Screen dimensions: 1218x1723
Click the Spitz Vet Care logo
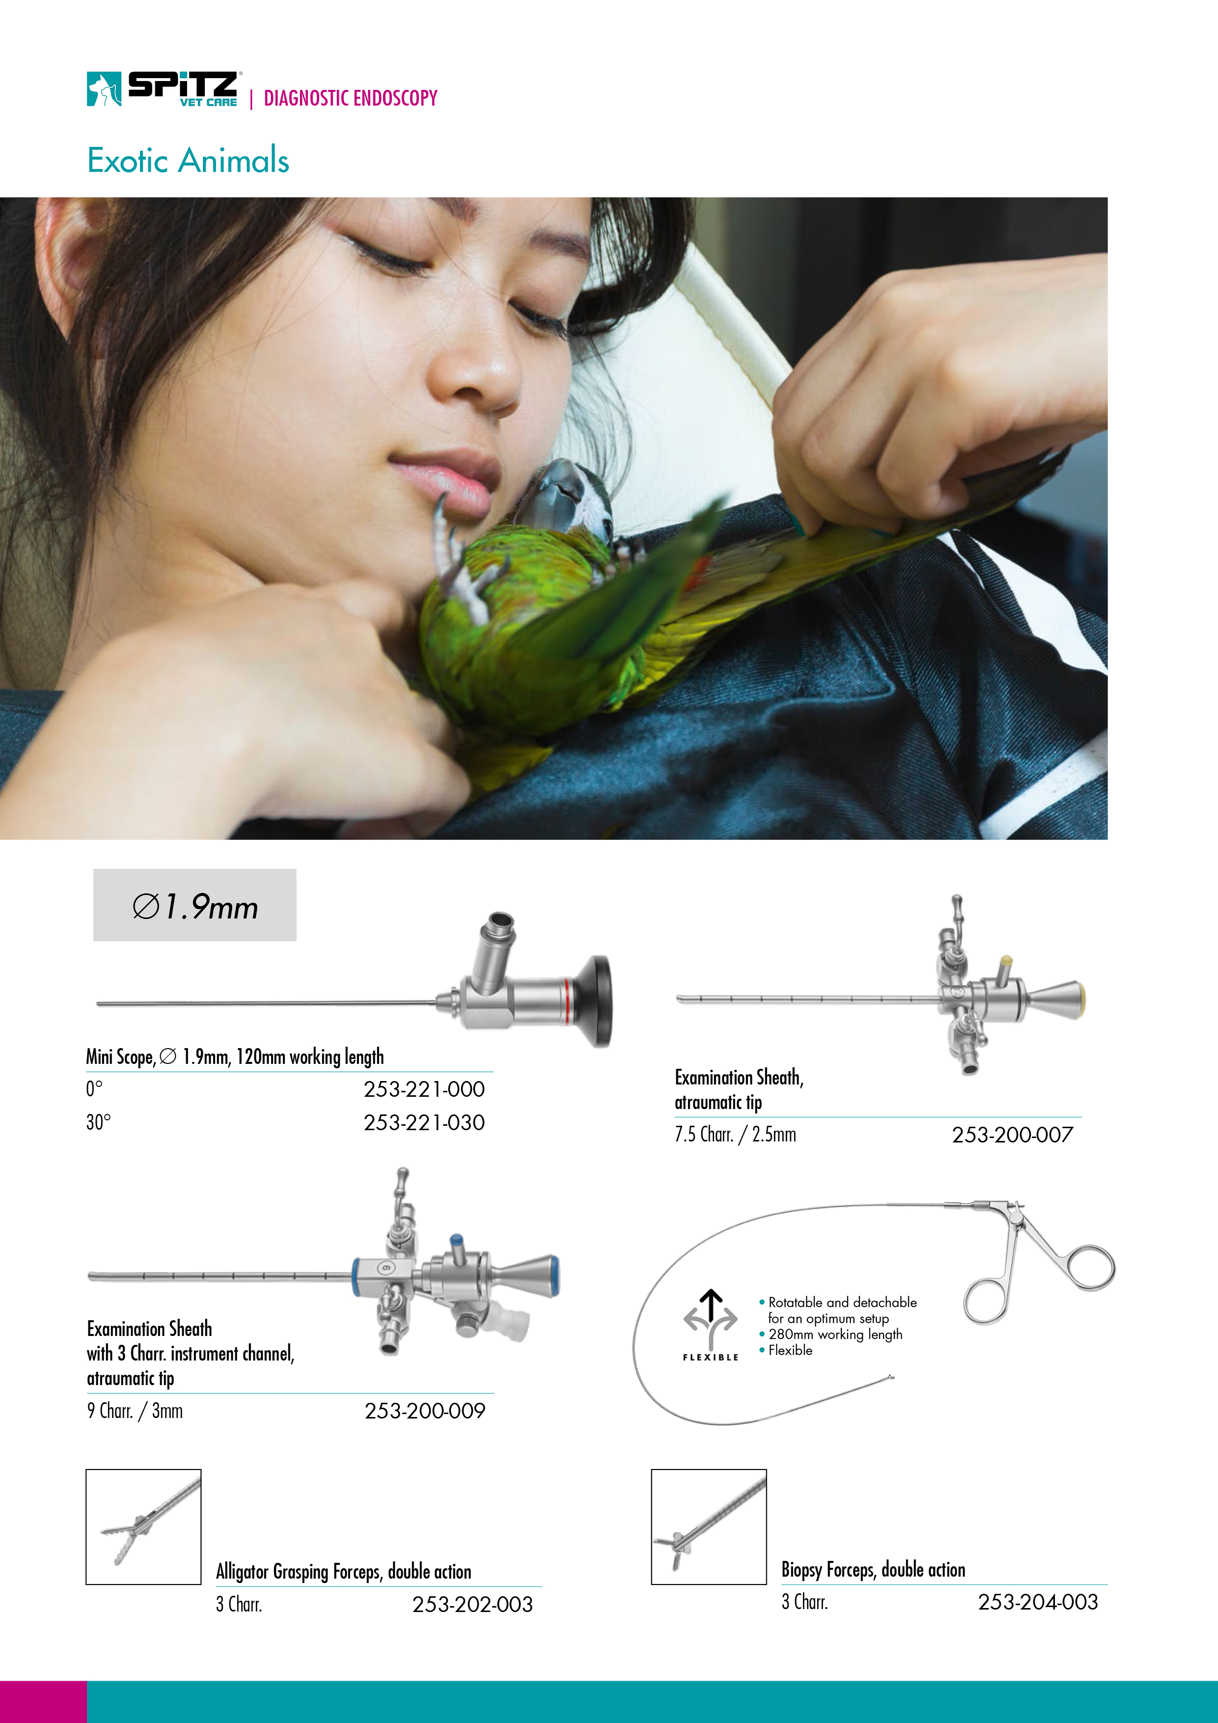pyautogui.click(x=163, y=89)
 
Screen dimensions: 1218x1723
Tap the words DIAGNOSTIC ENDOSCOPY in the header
pyautogui.click(x=351, y=98)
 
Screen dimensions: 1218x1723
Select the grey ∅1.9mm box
pyautogui.click(x=194, y=905)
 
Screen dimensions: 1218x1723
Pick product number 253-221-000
pyautogui.click(x=424, y=1089)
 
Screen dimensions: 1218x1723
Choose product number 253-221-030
pyautogui.click(x=424, y=1123)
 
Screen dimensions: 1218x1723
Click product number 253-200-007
pyautogui.click(x=1012, y=1135)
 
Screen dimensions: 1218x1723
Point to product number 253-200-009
pyautogui.click(x=425, y=1411)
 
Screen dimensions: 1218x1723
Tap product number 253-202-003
pyautogui.click(x=472, y=1605)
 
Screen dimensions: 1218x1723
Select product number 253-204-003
pyautogui.click(x=1038, y=1602)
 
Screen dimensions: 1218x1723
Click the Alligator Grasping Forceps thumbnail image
pyautogui.click(x=143, y=1527)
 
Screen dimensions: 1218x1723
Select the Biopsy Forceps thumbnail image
pyautogui.click(x=708, y=1527)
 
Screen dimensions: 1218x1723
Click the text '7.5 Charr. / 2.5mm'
pyautogui.click(x=735, y=1134)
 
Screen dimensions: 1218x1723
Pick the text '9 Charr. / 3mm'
pyautogui.click(x=135, y=1411)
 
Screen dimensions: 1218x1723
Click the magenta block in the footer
pyautogui.click(x=44, y=1702)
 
